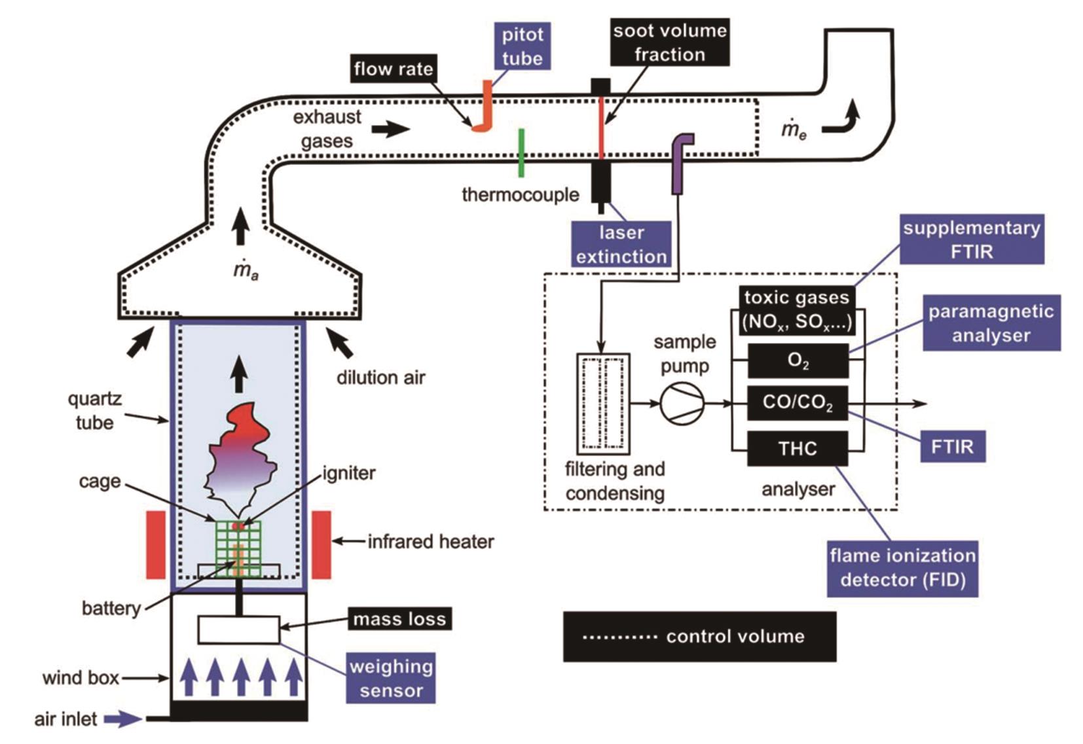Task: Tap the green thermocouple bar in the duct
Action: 521,152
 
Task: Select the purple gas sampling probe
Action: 679,164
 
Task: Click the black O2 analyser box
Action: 798,361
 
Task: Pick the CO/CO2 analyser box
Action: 798,402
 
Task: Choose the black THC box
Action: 798,448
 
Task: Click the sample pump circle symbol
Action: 682,403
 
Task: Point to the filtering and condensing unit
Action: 603,404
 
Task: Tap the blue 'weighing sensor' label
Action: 391,679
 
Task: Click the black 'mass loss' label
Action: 399,619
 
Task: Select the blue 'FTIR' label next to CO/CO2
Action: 953,447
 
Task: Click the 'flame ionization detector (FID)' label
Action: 902,568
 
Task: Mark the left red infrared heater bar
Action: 156,545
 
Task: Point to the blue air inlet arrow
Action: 123,719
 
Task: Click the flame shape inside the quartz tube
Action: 239,452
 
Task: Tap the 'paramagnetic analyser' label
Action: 991,323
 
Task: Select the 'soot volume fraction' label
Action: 669,43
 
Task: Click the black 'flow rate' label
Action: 394,69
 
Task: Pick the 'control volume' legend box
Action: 699,637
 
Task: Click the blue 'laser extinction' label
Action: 621,244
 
